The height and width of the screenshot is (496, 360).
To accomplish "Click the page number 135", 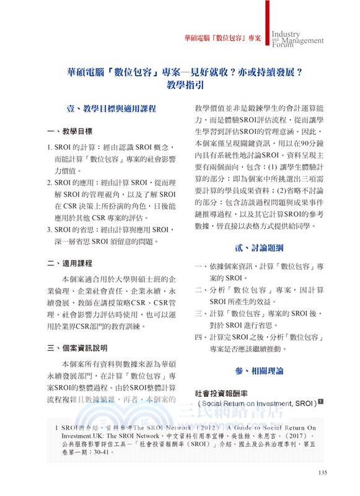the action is click(x=322, y=474).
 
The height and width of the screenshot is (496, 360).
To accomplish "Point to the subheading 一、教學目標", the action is click(x=70, y=131).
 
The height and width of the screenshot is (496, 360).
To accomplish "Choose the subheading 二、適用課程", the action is click(x=70, y=263).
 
